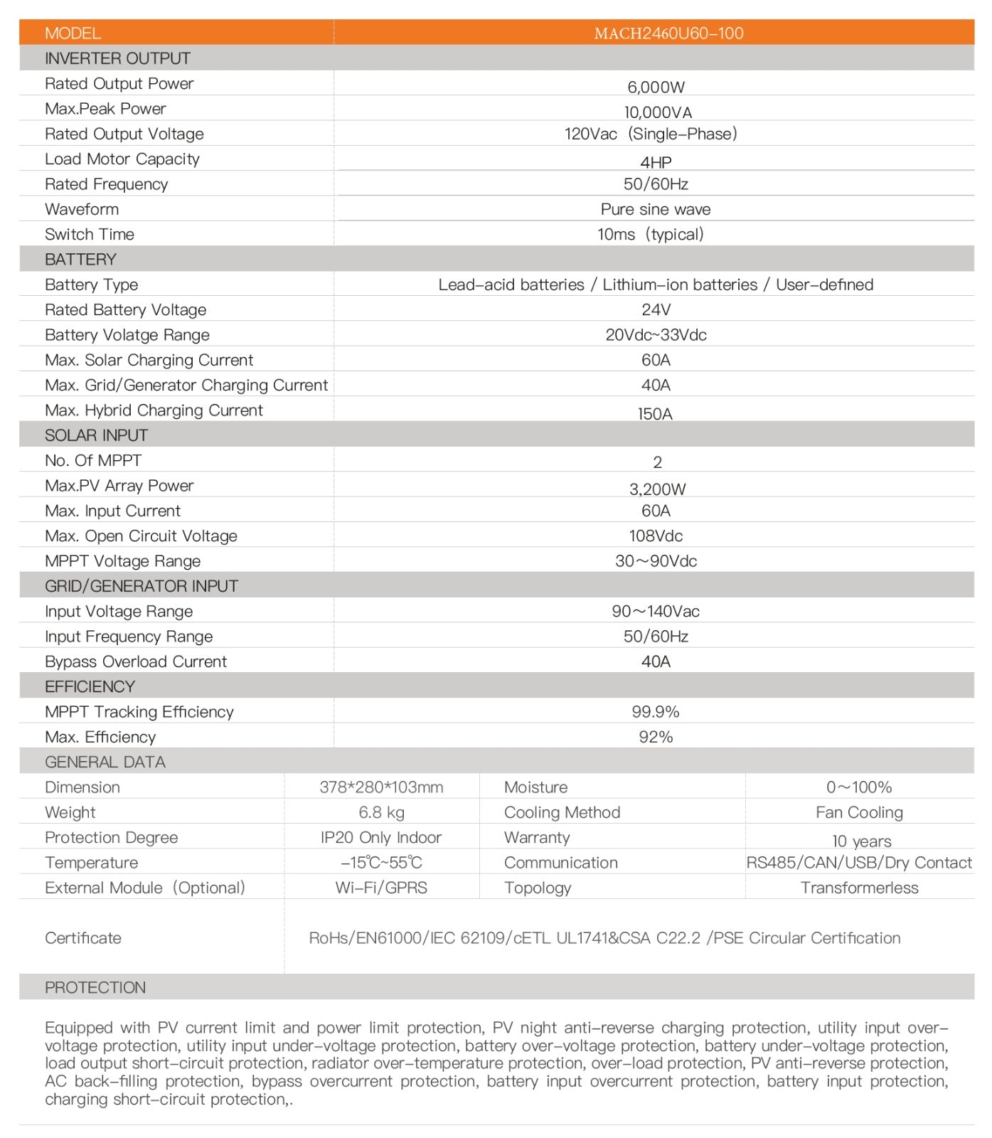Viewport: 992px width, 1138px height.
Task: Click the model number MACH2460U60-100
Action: tap(668, 33)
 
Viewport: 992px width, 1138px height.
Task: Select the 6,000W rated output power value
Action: tap(656, 87)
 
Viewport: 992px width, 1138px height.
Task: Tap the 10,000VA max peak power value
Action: tap(658, 112)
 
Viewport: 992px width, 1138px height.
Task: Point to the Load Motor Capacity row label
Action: tap(122, 159)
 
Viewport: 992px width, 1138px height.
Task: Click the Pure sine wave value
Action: tap(655, 209)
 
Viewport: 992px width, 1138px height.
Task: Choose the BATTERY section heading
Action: tap(80, 260)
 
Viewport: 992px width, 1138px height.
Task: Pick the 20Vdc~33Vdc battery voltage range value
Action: tap(656, 335)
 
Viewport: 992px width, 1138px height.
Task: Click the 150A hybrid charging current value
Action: tap(655, 414)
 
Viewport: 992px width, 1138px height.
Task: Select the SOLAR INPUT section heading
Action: tap(96, 435)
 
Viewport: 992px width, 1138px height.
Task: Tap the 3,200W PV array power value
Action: tap(657, 489)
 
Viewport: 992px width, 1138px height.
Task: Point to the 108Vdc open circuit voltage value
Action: tap(656, 536)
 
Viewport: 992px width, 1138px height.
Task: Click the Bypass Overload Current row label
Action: tap(136, 661)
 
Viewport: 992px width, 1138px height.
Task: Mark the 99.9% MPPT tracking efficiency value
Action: tap(655, 712)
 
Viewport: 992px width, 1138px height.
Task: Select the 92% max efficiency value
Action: tap(655, 737)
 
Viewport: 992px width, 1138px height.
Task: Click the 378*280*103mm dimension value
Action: tap(381, 787)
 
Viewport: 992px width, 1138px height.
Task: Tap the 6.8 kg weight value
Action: tap(381, 812)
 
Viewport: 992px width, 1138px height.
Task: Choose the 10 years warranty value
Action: tap(861, 841)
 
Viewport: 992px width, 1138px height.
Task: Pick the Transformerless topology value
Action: tap(859, 888)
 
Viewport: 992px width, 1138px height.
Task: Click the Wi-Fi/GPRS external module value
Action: tap(381, 888)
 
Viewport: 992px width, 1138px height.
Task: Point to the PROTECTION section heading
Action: tap(95, 987)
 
